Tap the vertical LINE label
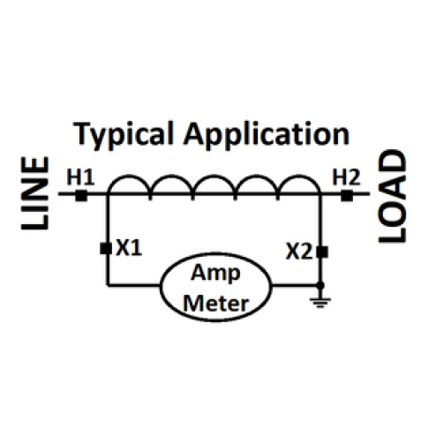[x=34, y=195]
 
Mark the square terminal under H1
[x=80, y=195]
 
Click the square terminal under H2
[x=347, y=195]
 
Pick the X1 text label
[x=129, y=249]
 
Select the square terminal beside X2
[x=321, y=252]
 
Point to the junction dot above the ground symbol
[x=320, y=286]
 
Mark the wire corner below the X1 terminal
[x=107, y=286]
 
